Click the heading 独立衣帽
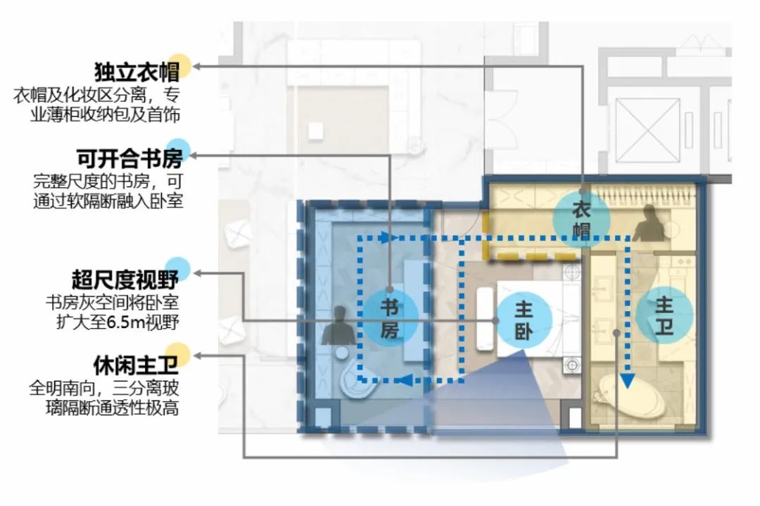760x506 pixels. pos(134,72)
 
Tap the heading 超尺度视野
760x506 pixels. pos(125,279)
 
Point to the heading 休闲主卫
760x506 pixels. pos(134,365)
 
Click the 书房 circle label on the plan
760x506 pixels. pos(390,318)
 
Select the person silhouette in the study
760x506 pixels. pos(336,326)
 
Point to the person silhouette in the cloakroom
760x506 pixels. pos(649,226)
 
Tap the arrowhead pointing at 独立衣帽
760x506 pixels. pos(198,66)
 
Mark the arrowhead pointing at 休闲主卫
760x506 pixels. pos(198,356)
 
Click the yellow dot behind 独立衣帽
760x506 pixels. pos(181,65)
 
